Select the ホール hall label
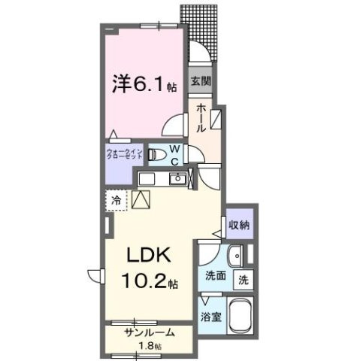coord(201,118)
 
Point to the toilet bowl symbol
coord(159,156)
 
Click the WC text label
coord(173,154)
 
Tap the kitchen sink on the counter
coord(177,178)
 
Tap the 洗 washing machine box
coord(244,278)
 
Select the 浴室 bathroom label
coord(211,317)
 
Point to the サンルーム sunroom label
coord(150,332)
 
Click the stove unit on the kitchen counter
coord(147,178)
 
